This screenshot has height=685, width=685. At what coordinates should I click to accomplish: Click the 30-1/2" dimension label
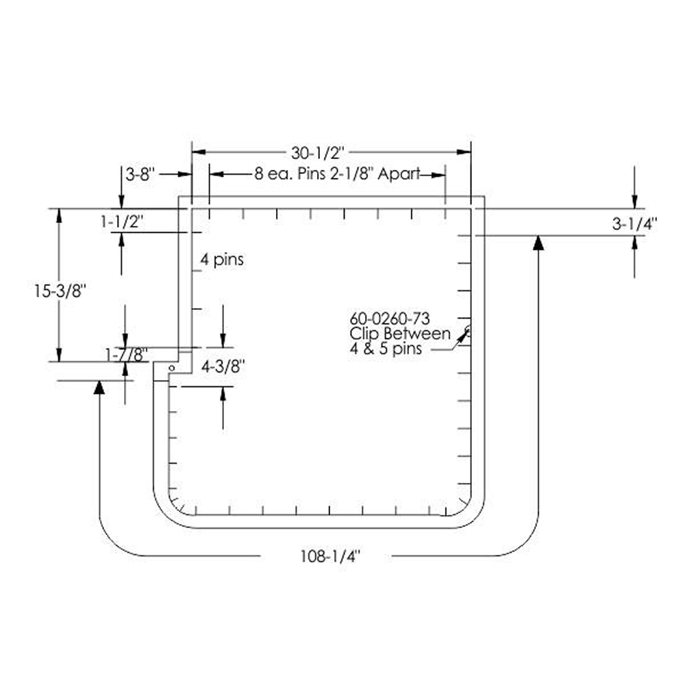coord(318,153)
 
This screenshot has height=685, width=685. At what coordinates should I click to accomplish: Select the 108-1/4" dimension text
coord(330,556)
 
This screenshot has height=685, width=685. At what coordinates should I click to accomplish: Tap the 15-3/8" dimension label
coord(58,290)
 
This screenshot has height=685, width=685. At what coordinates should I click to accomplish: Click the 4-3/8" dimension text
coord(223,367)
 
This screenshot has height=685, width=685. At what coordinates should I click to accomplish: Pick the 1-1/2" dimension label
coord(122,222)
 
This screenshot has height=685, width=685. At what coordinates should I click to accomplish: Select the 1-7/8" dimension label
coord(127,355)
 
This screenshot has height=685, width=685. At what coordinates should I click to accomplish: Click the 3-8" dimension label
coord(140,175)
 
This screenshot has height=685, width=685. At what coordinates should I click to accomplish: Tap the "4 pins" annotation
coord(222,260)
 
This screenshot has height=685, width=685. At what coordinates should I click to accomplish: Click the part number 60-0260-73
coord(390,318)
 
